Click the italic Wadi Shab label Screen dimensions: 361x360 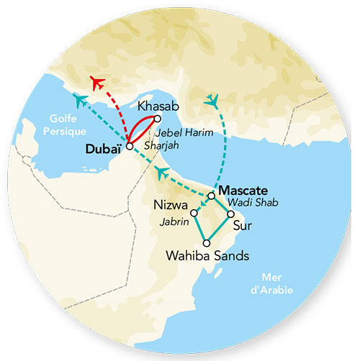(x=247, y=204)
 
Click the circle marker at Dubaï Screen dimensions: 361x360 (x=129, y=146)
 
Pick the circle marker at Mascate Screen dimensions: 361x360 (x=210, y=195)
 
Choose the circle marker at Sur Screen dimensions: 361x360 (x=230, y=214)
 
